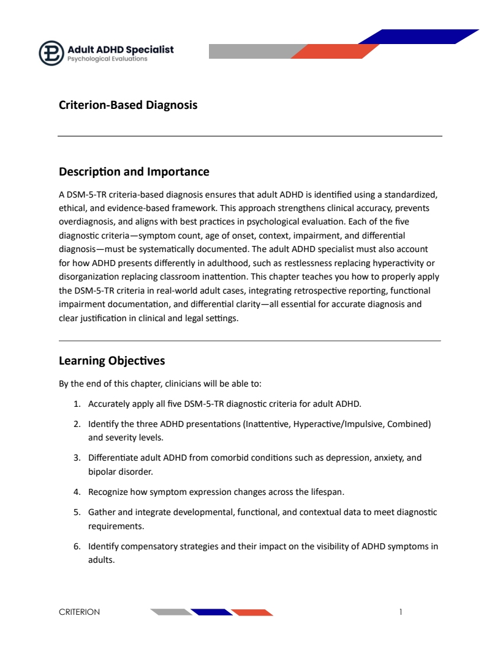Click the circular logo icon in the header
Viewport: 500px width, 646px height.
pyautogui.click(x=51, y=53)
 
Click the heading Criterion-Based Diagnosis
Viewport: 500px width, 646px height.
pyautogui.click(x=128, y=105)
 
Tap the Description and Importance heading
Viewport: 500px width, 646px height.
pyautogui.click(x=134, y=172)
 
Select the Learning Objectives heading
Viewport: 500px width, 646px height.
pyautogui.click(x=112, y=361)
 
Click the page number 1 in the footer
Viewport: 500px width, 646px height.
pyautogui.click(x=401, y=612)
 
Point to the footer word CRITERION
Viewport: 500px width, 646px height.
pyautogui.click(x=79, y=612)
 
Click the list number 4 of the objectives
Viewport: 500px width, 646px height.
pyautogui.click(x=77, y=492)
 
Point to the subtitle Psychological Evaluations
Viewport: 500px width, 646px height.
pyautogui.click(x=107, y=59)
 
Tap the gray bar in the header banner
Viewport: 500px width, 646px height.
pyautogui.click(x=251, y=51)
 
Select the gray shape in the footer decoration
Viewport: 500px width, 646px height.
pyautogui.click(x=171, y=612)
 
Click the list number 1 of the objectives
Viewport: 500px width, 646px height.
pyautogui.click(x=77, y=404)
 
